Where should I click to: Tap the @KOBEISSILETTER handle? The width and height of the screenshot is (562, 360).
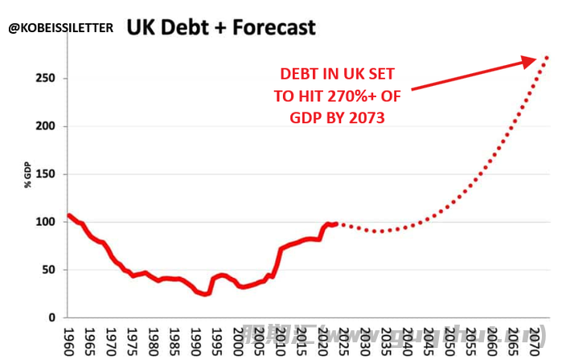coord(62,28)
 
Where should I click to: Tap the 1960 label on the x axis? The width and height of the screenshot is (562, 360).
coord(69,338)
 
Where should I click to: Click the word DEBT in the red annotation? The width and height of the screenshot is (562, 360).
coord(298,73)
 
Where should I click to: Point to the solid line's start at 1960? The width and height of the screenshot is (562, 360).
coord(70,215)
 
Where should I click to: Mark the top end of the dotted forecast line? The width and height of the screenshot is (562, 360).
coord(547,57)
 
